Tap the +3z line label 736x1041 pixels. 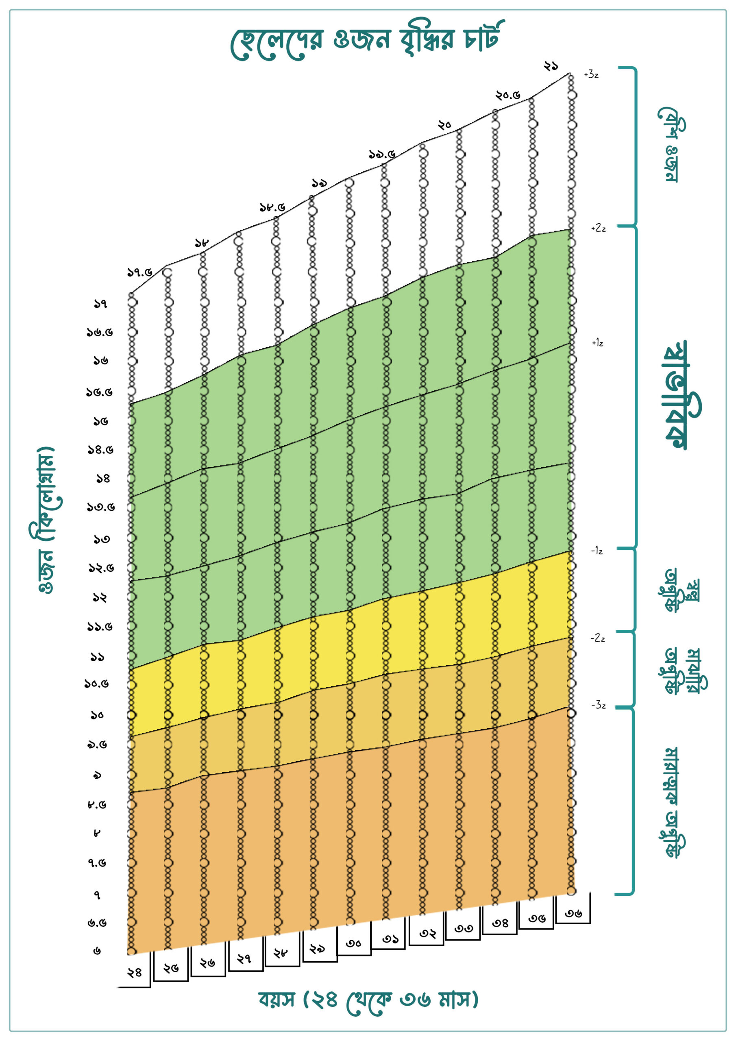click(x=591, y=74)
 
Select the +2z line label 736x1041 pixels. click(x=598, y=228)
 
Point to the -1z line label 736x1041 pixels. click(x=597, y=551)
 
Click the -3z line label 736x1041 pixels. click(x=598, y=705)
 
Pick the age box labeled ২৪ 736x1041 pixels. click(x=134, y=972)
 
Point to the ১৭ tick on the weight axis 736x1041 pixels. click(x=100, y=304)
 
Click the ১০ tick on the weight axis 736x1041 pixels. click(x=97, y=715)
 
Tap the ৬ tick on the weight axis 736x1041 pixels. click(x=97, y=951)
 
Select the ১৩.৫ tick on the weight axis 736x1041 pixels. click(x=101, y=507)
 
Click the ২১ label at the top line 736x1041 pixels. click(x=551, y=66)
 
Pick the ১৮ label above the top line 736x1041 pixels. click(x=202, y=243)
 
